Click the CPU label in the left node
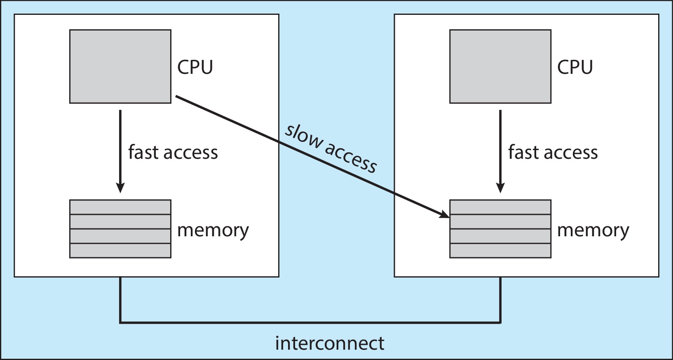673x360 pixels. pyautogui.click(x=195, y=67)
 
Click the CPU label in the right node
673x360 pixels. pyautogui.click(x=575, y=67)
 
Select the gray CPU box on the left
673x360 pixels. pyautogui.click(x=120, y=66)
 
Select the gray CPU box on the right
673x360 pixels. pyautogui.click(x=500, y=66)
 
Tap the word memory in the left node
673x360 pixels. pyautogui.click(x=213, y=230)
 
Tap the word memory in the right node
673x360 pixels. pyautogui.click(x=593, y=230)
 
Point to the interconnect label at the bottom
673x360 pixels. pyautogui.click(x=329, y=343)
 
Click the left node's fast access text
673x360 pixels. pyautogui.click(x=173, y=152)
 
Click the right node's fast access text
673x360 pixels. pyautogui.click(x=553, y=152)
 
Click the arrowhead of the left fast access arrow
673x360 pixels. pyautogui.click(x=120, y=188)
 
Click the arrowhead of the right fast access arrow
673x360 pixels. pyautogui.click(x=500, y=188)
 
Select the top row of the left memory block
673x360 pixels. pyautogui.click(x=120, y=207)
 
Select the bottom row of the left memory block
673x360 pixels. pyautogui.click(x=120, y=251)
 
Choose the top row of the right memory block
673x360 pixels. pyautogui.click(x=500, y=207)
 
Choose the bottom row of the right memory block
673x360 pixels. pyautogui.click(x=500, y=251)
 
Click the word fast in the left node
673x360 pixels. pyautogui.click(x=143, y=152)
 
